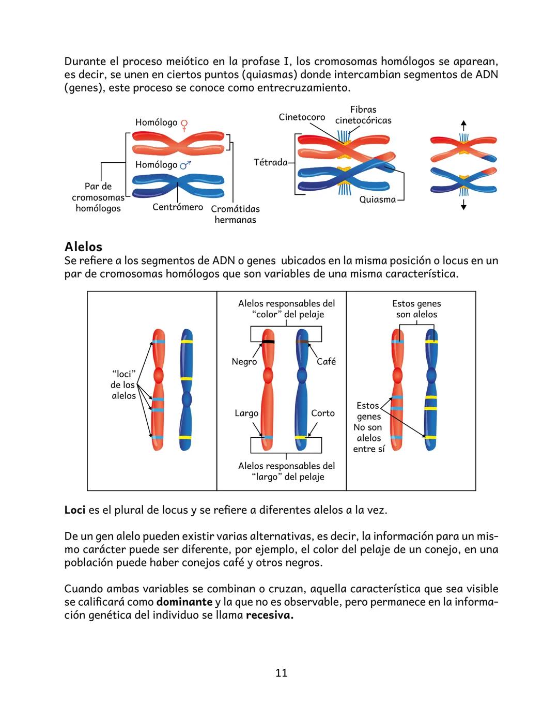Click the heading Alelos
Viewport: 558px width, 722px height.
(x=83, y=247)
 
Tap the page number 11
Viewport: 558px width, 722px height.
(x=281, y=673)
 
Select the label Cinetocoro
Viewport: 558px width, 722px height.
(x=302, y=117)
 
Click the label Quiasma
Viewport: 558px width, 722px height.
(x=377, y=199)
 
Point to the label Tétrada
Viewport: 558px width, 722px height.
(x=270, y=162)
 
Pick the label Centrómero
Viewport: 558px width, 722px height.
(x=178, y=207)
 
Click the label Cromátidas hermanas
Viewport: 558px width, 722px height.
(x=235, y=214)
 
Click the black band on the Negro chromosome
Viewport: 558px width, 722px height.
(x=268, y=342)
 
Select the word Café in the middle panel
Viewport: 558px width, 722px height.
(x=326, y=361)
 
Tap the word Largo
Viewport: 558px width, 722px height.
(x=246, y=413)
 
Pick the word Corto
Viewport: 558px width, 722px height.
(x=323, y=413)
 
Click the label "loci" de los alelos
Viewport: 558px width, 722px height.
(x=123, y=385)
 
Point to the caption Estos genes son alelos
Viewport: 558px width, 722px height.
(x=416, y=309)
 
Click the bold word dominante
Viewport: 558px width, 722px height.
(x=184, y=602)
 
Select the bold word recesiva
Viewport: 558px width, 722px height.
(x=270, y=616)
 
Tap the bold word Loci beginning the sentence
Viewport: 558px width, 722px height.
(x=75, y=510)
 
